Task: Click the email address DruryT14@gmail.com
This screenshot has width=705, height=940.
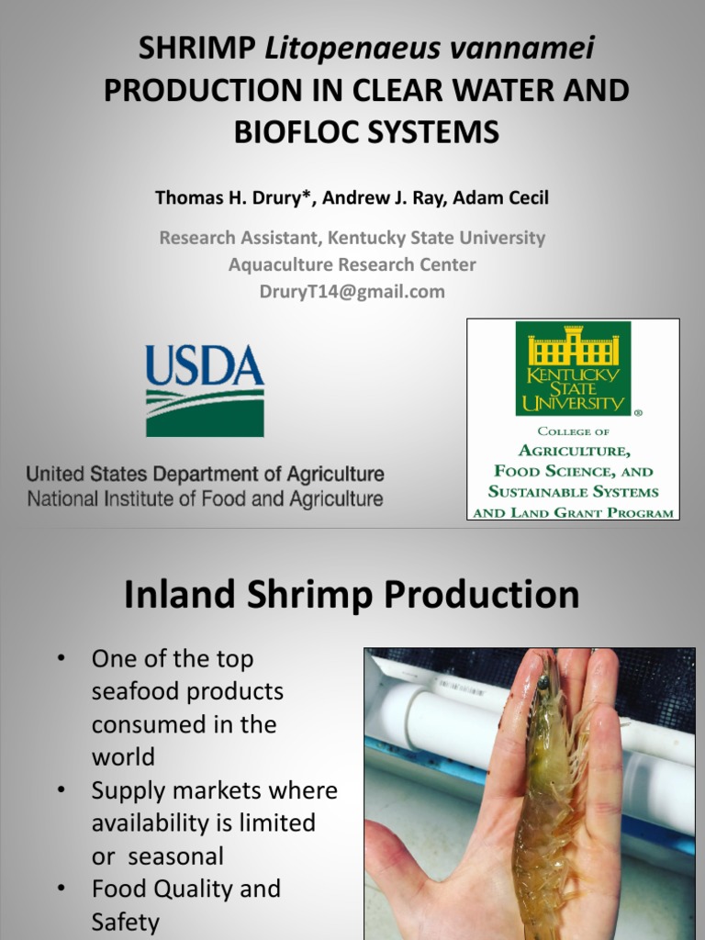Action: pyautogui.click(x=352, y=291)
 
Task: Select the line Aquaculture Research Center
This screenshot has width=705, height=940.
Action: pyautogui.click(x=352, y=264)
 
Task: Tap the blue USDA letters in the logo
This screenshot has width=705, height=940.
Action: pyautogui.click(x=205, y=364)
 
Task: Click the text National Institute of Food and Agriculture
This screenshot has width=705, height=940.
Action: pyautogui.click(x=205, y=500)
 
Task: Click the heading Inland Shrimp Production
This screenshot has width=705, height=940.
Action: pyautogui.click(x=352, y=595)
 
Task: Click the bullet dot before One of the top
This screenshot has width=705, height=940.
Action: pyautogui.click(x=62, y=659)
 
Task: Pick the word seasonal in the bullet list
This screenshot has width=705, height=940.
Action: pyautogui.click(x=176, y=856)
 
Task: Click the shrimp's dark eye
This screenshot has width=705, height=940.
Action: pyautogui.click(x=543, y=683)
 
